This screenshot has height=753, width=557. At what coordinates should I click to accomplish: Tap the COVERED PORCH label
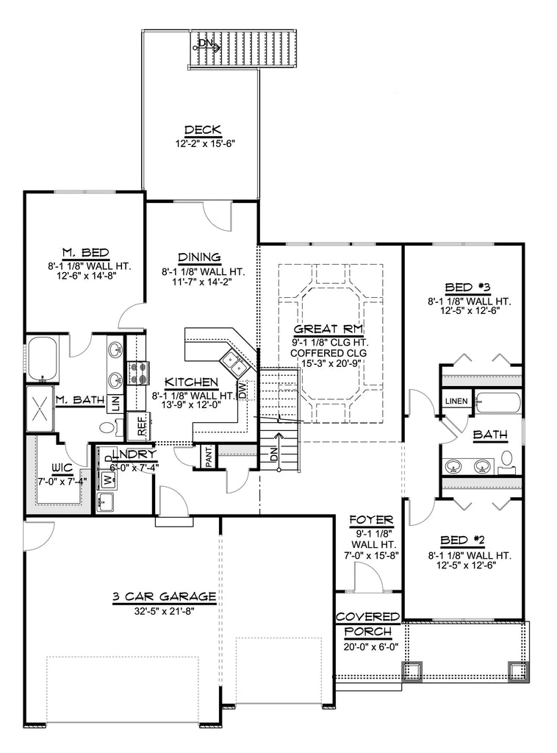coord(367,624)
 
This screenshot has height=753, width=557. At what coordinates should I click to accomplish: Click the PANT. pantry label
coord(209,459)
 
